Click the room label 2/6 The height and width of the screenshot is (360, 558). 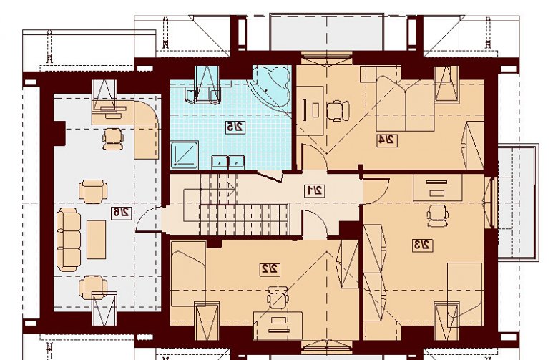click(x=121, y=213)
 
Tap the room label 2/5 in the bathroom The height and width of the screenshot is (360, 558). click(x=235, y=127)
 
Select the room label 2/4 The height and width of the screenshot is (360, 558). click(x=387, y=140)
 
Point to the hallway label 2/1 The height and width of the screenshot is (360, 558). click(x=315, y=191)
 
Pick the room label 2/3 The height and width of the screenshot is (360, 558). click(x=422, y=245)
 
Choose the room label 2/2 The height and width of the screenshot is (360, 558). click(x=270, y=269)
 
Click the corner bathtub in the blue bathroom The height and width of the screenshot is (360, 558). click(x=272, y=88)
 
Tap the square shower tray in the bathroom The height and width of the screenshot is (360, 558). click(x=185, y=154)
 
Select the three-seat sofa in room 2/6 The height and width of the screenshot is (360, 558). click(x=69, y=239)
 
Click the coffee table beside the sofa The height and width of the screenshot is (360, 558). click(x=96, y=239)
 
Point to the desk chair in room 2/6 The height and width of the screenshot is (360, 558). click(x=113, y=139)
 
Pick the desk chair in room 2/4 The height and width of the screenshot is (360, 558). click(x=338, y=110)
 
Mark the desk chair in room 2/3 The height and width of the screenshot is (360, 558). click(x=437, y=216)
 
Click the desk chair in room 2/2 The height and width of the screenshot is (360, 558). click(x=278, y=297)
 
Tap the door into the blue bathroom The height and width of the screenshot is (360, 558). click(x=270, y=175)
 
